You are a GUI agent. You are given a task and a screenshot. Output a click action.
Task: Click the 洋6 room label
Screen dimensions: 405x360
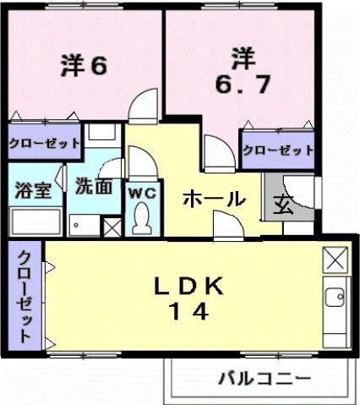tap(83, 65)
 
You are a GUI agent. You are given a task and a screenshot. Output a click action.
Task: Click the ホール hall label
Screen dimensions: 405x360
tap(214, 200)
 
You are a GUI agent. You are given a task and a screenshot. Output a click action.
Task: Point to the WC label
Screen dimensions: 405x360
tap(142, 192)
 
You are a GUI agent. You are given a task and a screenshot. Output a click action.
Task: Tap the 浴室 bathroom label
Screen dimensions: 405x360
tap(33, 189)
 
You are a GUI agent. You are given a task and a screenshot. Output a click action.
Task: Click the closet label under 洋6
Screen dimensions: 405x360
tap(45, 144)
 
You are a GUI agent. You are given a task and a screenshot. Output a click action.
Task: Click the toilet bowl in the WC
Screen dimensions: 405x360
tap(141, 221)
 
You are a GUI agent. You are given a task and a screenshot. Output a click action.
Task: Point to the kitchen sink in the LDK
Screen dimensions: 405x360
tap(334, 298)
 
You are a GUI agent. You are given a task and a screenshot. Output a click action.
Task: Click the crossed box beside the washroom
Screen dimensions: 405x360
tap(111, 227)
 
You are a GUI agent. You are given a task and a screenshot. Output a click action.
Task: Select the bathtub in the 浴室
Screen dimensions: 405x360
tap(35, 222)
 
